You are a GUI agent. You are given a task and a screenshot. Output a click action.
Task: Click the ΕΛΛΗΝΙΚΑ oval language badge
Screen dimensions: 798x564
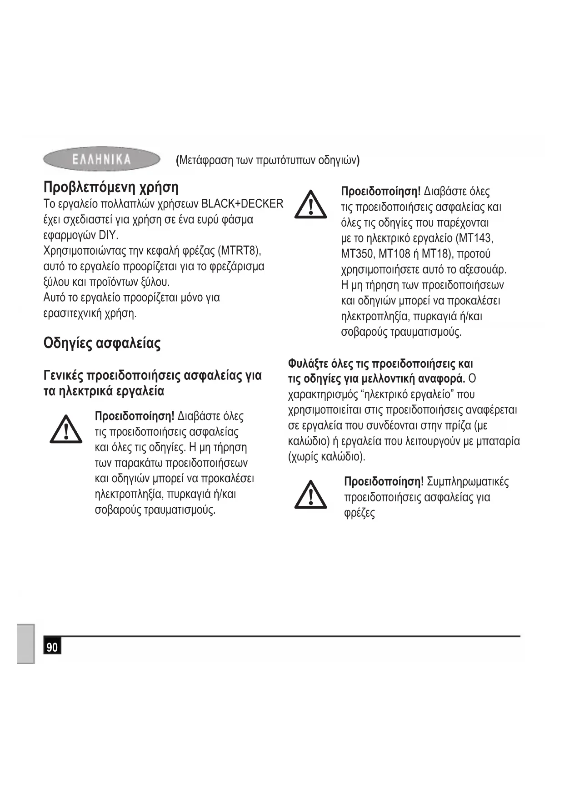102,159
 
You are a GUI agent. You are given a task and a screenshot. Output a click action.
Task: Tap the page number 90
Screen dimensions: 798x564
52,647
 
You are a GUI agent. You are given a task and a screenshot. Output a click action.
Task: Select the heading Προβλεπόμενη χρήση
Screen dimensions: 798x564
111,187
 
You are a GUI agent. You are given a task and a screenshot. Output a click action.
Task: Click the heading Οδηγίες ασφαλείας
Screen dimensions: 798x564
102,343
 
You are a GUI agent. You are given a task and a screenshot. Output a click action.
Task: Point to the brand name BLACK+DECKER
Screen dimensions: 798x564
242,204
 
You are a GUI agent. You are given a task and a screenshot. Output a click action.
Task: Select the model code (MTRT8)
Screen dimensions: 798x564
239,251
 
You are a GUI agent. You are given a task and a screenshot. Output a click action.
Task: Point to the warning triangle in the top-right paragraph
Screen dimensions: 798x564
311,204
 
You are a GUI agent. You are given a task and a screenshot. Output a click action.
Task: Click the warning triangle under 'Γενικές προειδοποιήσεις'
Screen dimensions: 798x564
66,429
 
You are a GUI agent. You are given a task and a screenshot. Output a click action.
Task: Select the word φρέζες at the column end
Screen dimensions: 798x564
359,513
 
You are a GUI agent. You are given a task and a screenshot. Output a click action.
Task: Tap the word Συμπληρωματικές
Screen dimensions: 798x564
468,482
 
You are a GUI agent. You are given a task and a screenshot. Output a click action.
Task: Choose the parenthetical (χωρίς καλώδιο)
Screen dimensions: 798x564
327,457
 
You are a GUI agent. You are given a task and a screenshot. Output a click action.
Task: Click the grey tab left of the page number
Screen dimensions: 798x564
26,644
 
